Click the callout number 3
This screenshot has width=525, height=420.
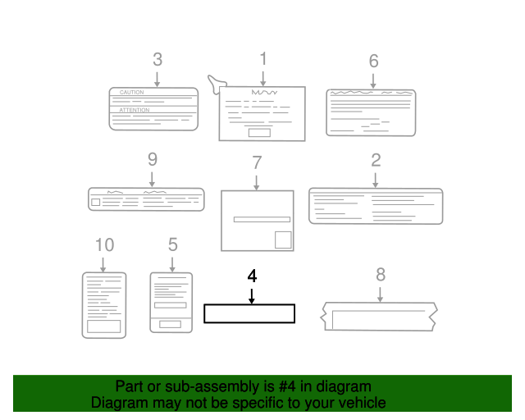(x=157, y=59)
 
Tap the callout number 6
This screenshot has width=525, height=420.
(x=373, y=61)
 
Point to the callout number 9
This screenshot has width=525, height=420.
(x=152, y=159)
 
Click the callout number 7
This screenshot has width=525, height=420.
(x=257, y=162)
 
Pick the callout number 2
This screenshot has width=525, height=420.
(x=376, y=159)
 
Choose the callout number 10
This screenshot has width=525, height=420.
(x=104, y=244)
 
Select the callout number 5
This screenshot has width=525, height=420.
(x=172, y=244)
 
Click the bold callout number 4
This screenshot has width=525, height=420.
(x=252, y=275)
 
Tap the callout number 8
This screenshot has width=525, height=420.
(x=381, y=274)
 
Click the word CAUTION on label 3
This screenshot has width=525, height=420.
(x=131, y=93)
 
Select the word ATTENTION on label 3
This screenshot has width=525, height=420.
(x=135, y=109)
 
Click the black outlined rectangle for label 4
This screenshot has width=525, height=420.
(x=249, y=313)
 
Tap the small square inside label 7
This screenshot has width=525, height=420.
(x=282, y=239)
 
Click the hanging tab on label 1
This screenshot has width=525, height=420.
(x=217, y=83)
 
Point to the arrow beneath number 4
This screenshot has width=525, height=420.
(x=252, y=294)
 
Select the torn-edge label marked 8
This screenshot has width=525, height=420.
(x=381, y=317)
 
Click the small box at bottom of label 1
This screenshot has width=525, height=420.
(x=259, y=132)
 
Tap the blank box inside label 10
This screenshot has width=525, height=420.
(x=104, y=326)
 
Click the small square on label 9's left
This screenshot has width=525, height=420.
(x=96, y=201)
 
